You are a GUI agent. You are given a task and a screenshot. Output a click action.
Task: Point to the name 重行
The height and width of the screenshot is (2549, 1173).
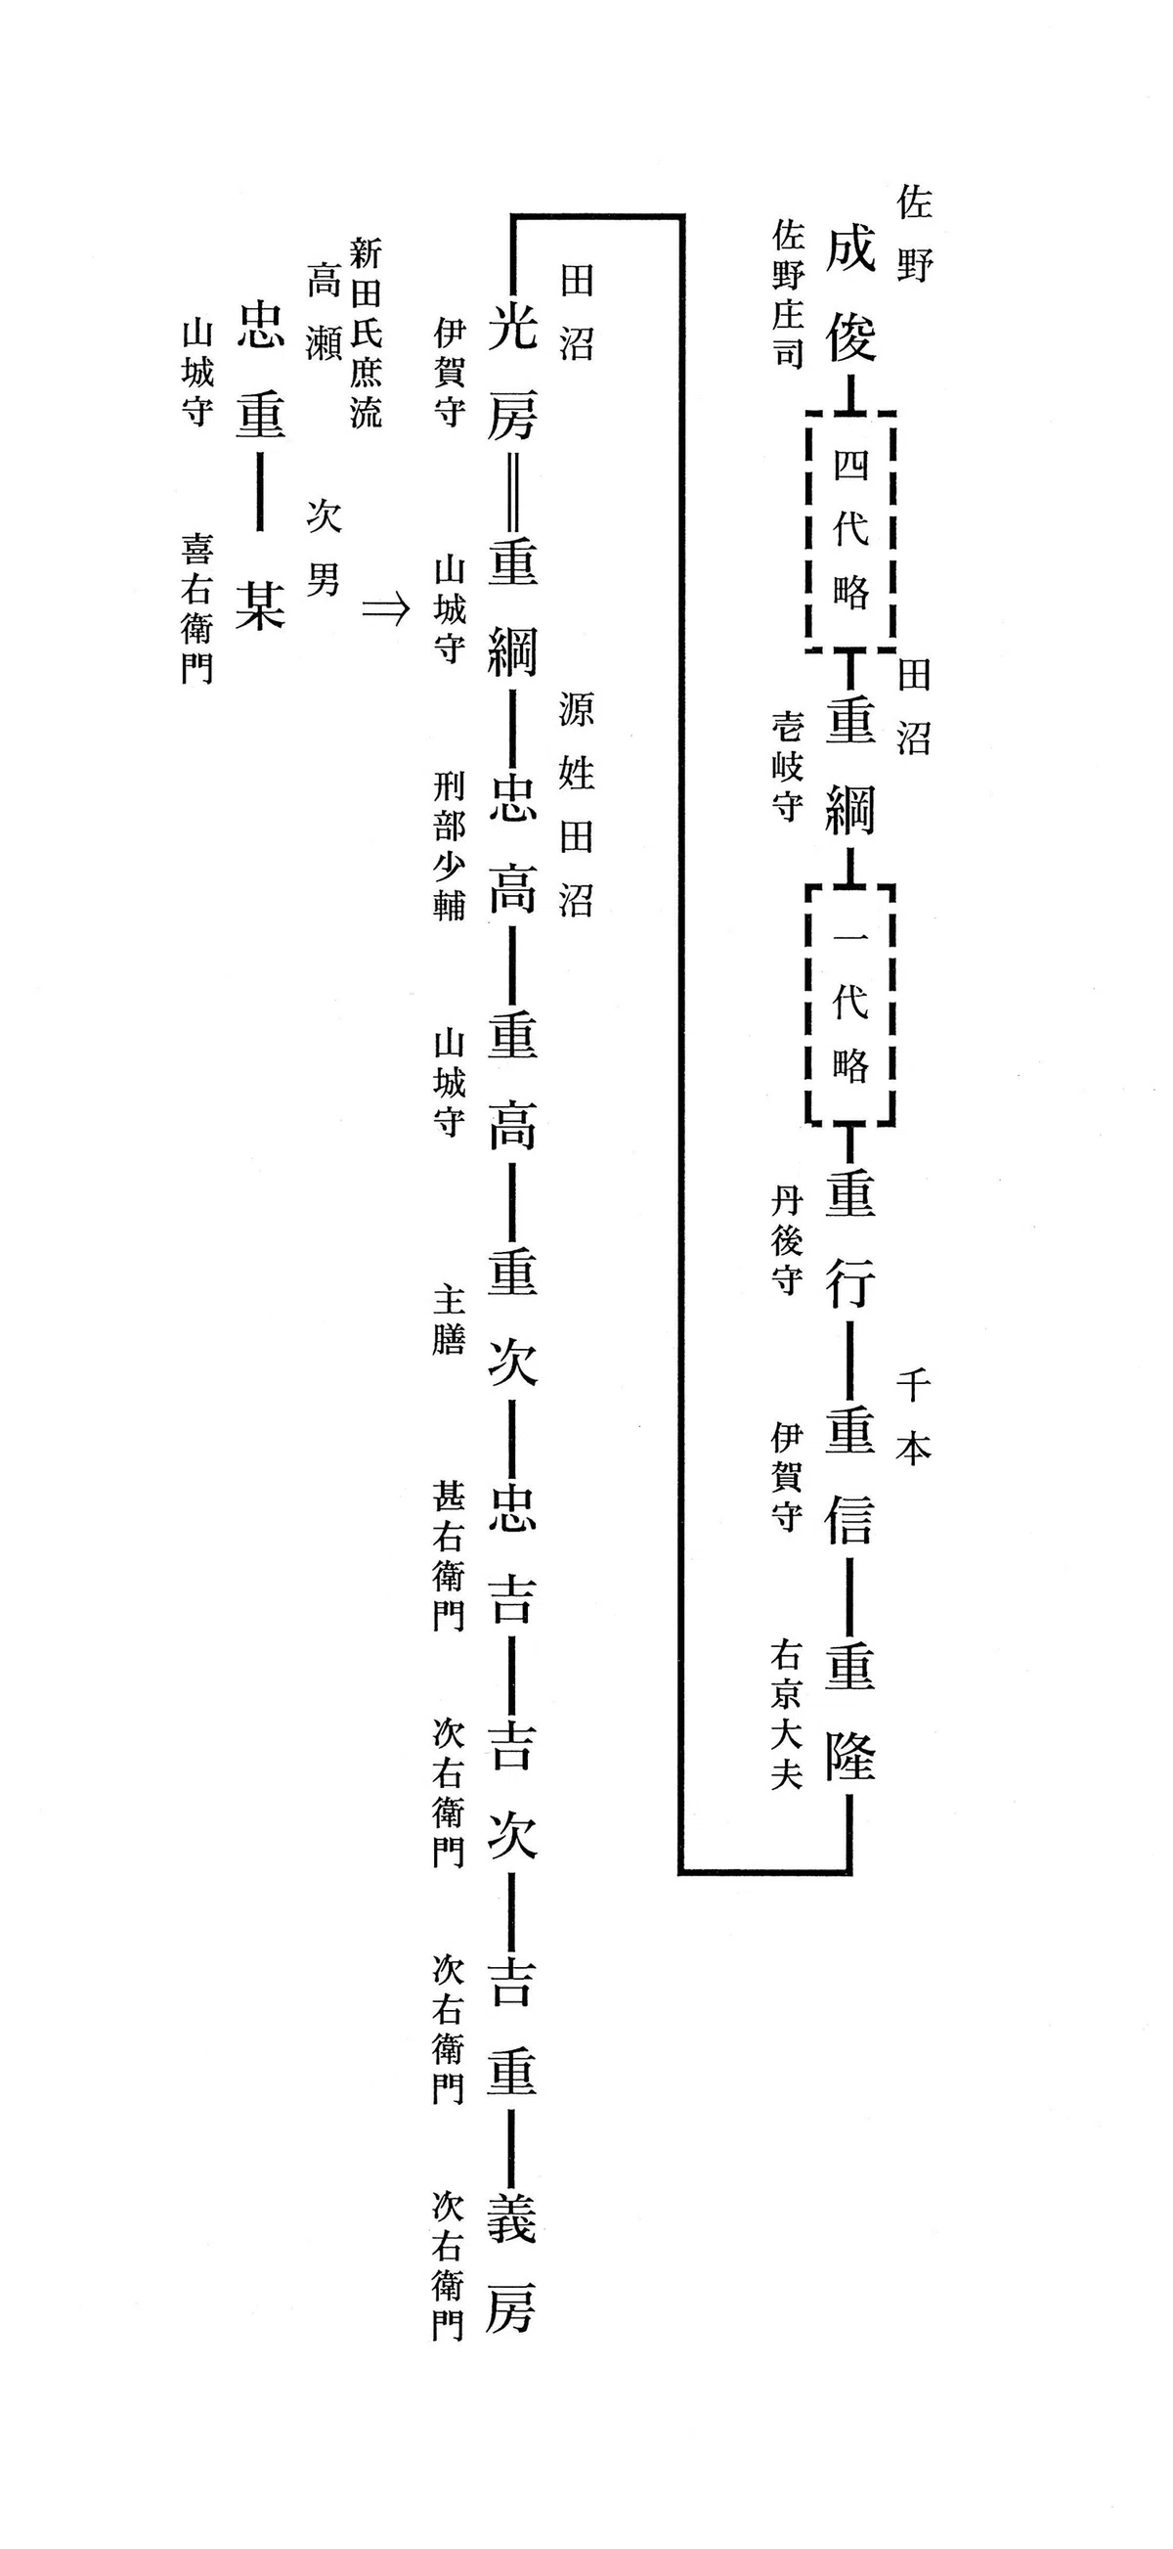click(x=850, y=1239)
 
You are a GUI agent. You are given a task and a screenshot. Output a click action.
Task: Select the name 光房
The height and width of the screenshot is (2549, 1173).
click(x=512, y=371)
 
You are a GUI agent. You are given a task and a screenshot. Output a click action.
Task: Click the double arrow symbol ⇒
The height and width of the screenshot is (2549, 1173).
click(x=385, y=608)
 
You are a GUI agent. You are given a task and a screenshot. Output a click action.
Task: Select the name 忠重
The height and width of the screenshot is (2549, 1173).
click(x=261, y=371)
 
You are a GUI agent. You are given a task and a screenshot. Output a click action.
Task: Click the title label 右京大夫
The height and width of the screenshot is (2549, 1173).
click(x=785, y=1715)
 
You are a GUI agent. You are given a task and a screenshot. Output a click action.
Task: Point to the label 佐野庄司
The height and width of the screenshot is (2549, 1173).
click(x=787, y=294)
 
